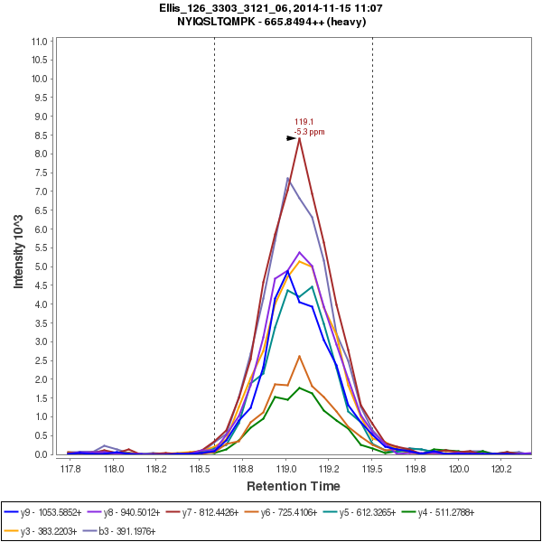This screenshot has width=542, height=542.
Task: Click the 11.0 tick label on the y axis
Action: [x=39, y=42]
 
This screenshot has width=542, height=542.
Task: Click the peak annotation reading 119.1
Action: [x=304, y=122]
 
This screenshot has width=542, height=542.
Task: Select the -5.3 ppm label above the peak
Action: [x=309, y=132]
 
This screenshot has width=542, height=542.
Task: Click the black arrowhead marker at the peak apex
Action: [x=292, y=138]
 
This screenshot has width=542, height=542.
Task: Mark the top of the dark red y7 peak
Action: [x=299, y=138]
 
